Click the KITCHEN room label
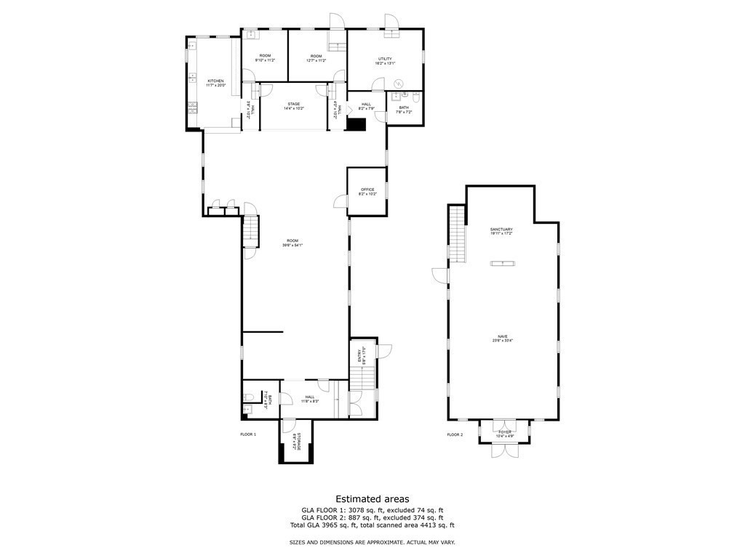click(x=216, y=81)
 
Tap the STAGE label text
click(x=293, y=105)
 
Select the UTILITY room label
click(x=385, y=60)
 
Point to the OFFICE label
click(x=367, y=190)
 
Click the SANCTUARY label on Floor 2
click(x=501, y=230)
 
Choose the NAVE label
click(x=501, y=337)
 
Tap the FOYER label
click(x=504, y=432)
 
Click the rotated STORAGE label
click(x=296, y=442)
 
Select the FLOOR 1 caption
click(x=248, y=434)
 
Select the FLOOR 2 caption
click(x=455, y=434)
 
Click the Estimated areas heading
click(x=372, y=498)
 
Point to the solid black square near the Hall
click(x=355, y=124)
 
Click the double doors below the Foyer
click(x=504, y=450)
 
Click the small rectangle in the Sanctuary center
click(x=501, y=262)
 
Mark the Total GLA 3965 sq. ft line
click(x=372, y=525)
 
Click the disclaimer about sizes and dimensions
click(x=372, y=543)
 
